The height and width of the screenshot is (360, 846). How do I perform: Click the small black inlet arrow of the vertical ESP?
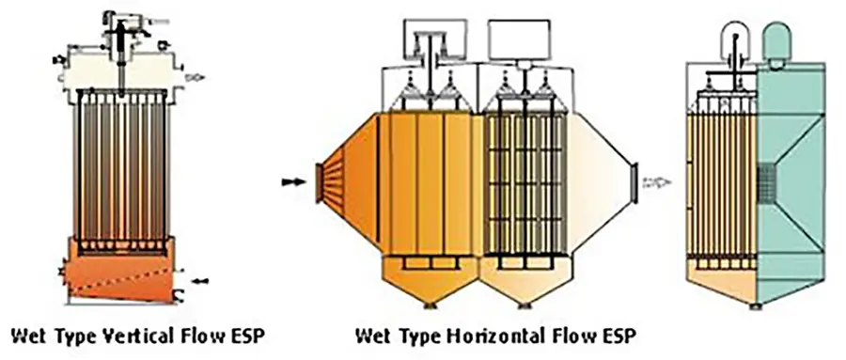(198, 280)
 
